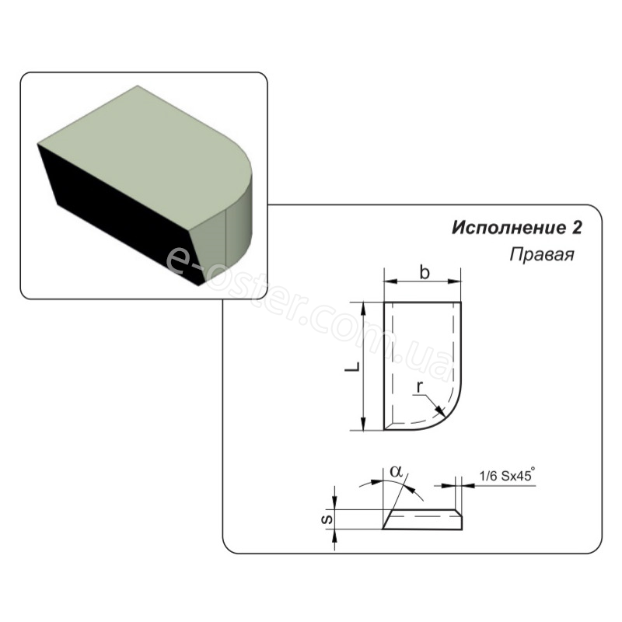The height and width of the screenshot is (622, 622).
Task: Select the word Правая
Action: click(542, 255)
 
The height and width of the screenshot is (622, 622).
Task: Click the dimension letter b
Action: click(425, 272)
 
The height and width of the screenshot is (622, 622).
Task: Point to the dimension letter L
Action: click(352, 367)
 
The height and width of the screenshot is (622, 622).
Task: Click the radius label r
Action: click(420, 386)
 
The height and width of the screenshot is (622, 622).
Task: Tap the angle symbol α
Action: click(396, 471)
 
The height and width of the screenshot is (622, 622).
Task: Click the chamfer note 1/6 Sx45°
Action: click(507, 475)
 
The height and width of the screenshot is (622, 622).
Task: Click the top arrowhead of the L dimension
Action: click(363, 307)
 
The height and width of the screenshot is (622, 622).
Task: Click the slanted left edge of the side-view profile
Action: click(387, 519)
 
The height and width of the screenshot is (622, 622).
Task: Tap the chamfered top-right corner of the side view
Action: click(459, 513)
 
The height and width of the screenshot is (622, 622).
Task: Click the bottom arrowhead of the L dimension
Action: click(363, 425)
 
